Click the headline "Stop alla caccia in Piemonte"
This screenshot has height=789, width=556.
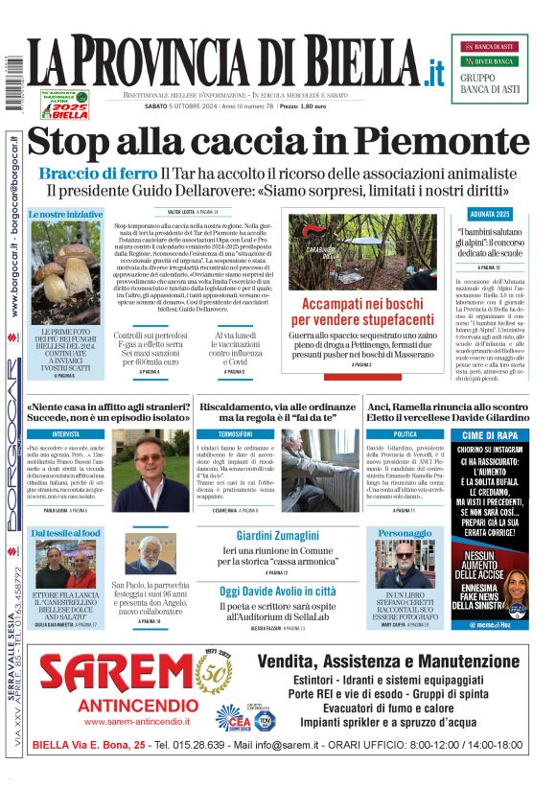coord(278,141)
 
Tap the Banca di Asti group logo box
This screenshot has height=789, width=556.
coord(489,68)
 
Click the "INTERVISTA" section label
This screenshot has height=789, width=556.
coord(66,433)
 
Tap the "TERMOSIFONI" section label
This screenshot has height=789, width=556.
coord(235,433)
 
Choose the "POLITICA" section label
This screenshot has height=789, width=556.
coord(405,433)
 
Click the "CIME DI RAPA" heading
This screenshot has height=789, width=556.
coord(490,436)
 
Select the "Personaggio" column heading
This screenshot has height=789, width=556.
coord(405,533)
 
